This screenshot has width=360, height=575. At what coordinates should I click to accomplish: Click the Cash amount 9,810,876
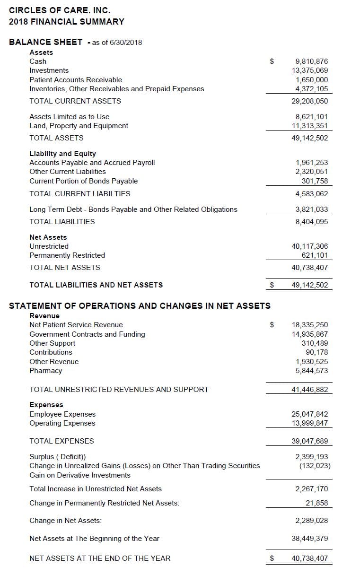pos(311,61)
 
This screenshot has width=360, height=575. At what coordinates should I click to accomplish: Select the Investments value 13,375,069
pos(310,70)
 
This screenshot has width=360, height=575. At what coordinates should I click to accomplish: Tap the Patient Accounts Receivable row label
pos(76,80)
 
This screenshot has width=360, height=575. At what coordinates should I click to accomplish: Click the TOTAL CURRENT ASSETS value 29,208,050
pos(310,101)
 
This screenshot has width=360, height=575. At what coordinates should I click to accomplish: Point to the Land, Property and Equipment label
pos(79,126)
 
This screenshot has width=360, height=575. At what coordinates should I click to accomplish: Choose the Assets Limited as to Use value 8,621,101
pos(311,117)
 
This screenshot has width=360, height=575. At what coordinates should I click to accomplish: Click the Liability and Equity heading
pos(62,154)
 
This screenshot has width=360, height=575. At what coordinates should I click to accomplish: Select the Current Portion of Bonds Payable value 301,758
pos(315,181)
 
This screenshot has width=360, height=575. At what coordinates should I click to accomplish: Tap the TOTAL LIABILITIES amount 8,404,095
pos(311,222)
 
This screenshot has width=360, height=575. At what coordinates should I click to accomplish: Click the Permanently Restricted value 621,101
pos(315,255)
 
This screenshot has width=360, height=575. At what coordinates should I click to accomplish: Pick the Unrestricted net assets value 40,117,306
pos(310,246)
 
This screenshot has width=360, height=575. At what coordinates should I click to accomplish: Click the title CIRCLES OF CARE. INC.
pos(60,10)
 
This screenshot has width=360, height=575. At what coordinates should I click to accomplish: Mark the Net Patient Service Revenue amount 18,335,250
pos(310,325)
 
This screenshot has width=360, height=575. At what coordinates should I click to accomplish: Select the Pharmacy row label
pos(46,371)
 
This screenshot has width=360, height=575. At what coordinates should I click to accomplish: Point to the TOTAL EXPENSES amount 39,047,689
pos(310,441)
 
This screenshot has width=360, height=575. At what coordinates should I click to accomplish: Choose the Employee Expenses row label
pos(62,414)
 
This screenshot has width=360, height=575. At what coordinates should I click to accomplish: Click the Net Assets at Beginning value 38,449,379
pos(310,539)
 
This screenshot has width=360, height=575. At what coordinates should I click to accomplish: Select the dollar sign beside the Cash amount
pos(272,61)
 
